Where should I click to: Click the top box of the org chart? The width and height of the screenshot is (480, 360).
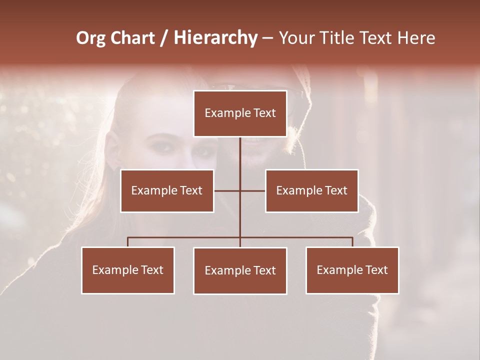[240, 113]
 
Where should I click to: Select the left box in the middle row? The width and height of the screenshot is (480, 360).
[167, 190]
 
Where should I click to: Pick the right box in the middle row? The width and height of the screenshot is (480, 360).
[311, 190]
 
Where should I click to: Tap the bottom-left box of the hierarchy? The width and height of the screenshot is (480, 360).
[128, 270]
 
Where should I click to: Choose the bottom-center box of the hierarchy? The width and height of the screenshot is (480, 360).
[240, 270]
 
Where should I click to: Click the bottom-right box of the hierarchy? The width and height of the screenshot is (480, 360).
[352, 270]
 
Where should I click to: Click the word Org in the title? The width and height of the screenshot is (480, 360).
[90, 38]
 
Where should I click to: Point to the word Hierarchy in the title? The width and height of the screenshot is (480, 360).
[215, 38]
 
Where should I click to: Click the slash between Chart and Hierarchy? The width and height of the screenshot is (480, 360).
[164, 38]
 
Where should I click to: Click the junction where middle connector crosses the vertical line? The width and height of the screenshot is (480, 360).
[240, 190]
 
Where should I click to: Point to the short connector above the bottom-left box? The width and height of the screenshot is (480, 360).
[128, 242]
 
